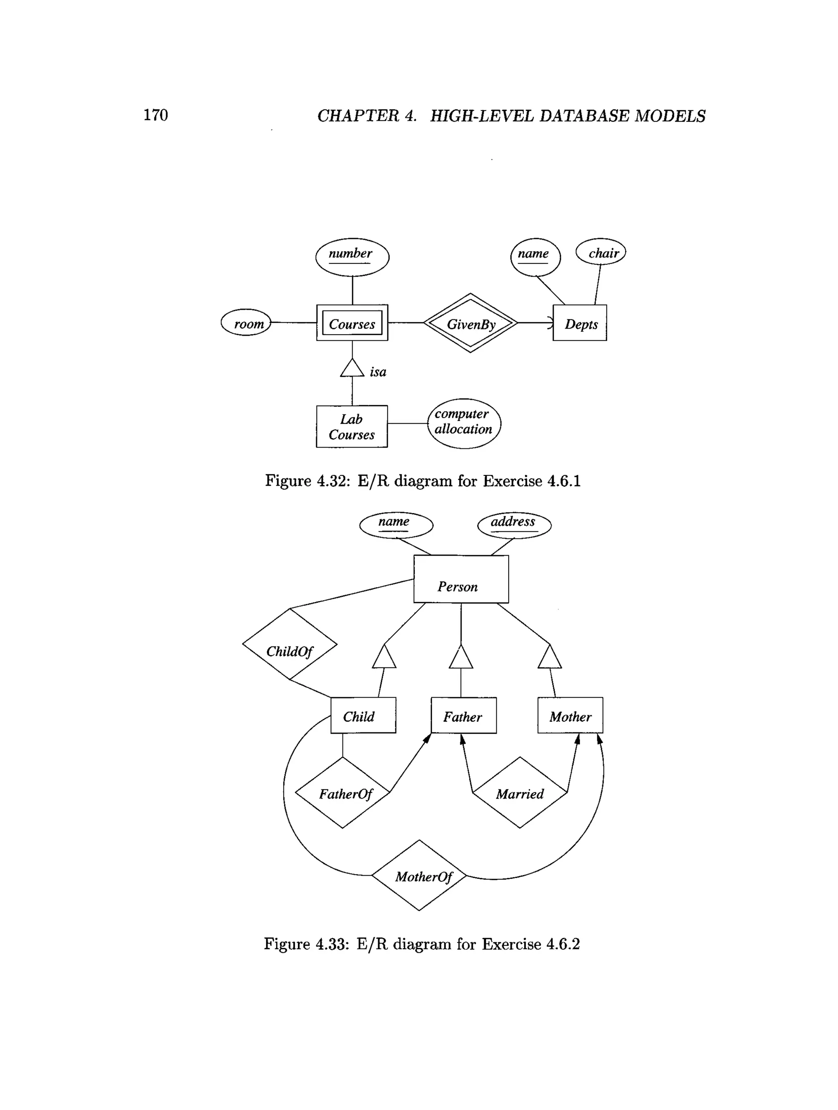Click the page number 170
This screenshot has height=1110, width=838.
click(x=155, y=115)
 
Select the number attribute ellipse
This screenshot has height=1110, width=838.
click(x=352, y=257)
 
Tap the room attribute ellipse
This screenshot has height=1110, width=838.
click(x=246, y=323)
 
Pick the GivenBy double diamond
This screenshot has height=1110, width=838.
click(x=470, y=323)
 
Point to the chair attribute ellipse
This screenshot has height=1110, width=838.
click(x=601, y=252)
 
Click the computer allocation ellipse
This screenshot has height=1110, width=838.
click(x=464, y=423)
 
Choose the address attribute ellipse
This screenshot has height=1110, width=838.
click(x=514, y=525)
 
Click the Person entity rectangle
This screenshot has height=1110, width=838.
click(x=461, y=579)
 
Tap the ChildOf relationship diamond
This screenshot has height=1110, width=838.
click(x=290, y=644)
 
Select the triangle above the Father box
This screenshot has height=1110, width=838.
click(x=461, y=658)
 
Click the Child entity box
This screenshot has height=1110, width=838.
click(x=363, y=715)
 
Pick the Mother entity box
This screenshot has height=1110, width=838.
click(x=570, y=715)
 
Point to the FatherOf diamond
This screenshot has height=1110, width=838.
click(x=342, y=793)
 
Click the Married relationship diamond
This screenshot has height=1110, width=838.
click(x=520, y=793)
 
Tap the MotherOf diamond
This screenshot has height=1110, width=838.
click(x=419, y=876)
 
